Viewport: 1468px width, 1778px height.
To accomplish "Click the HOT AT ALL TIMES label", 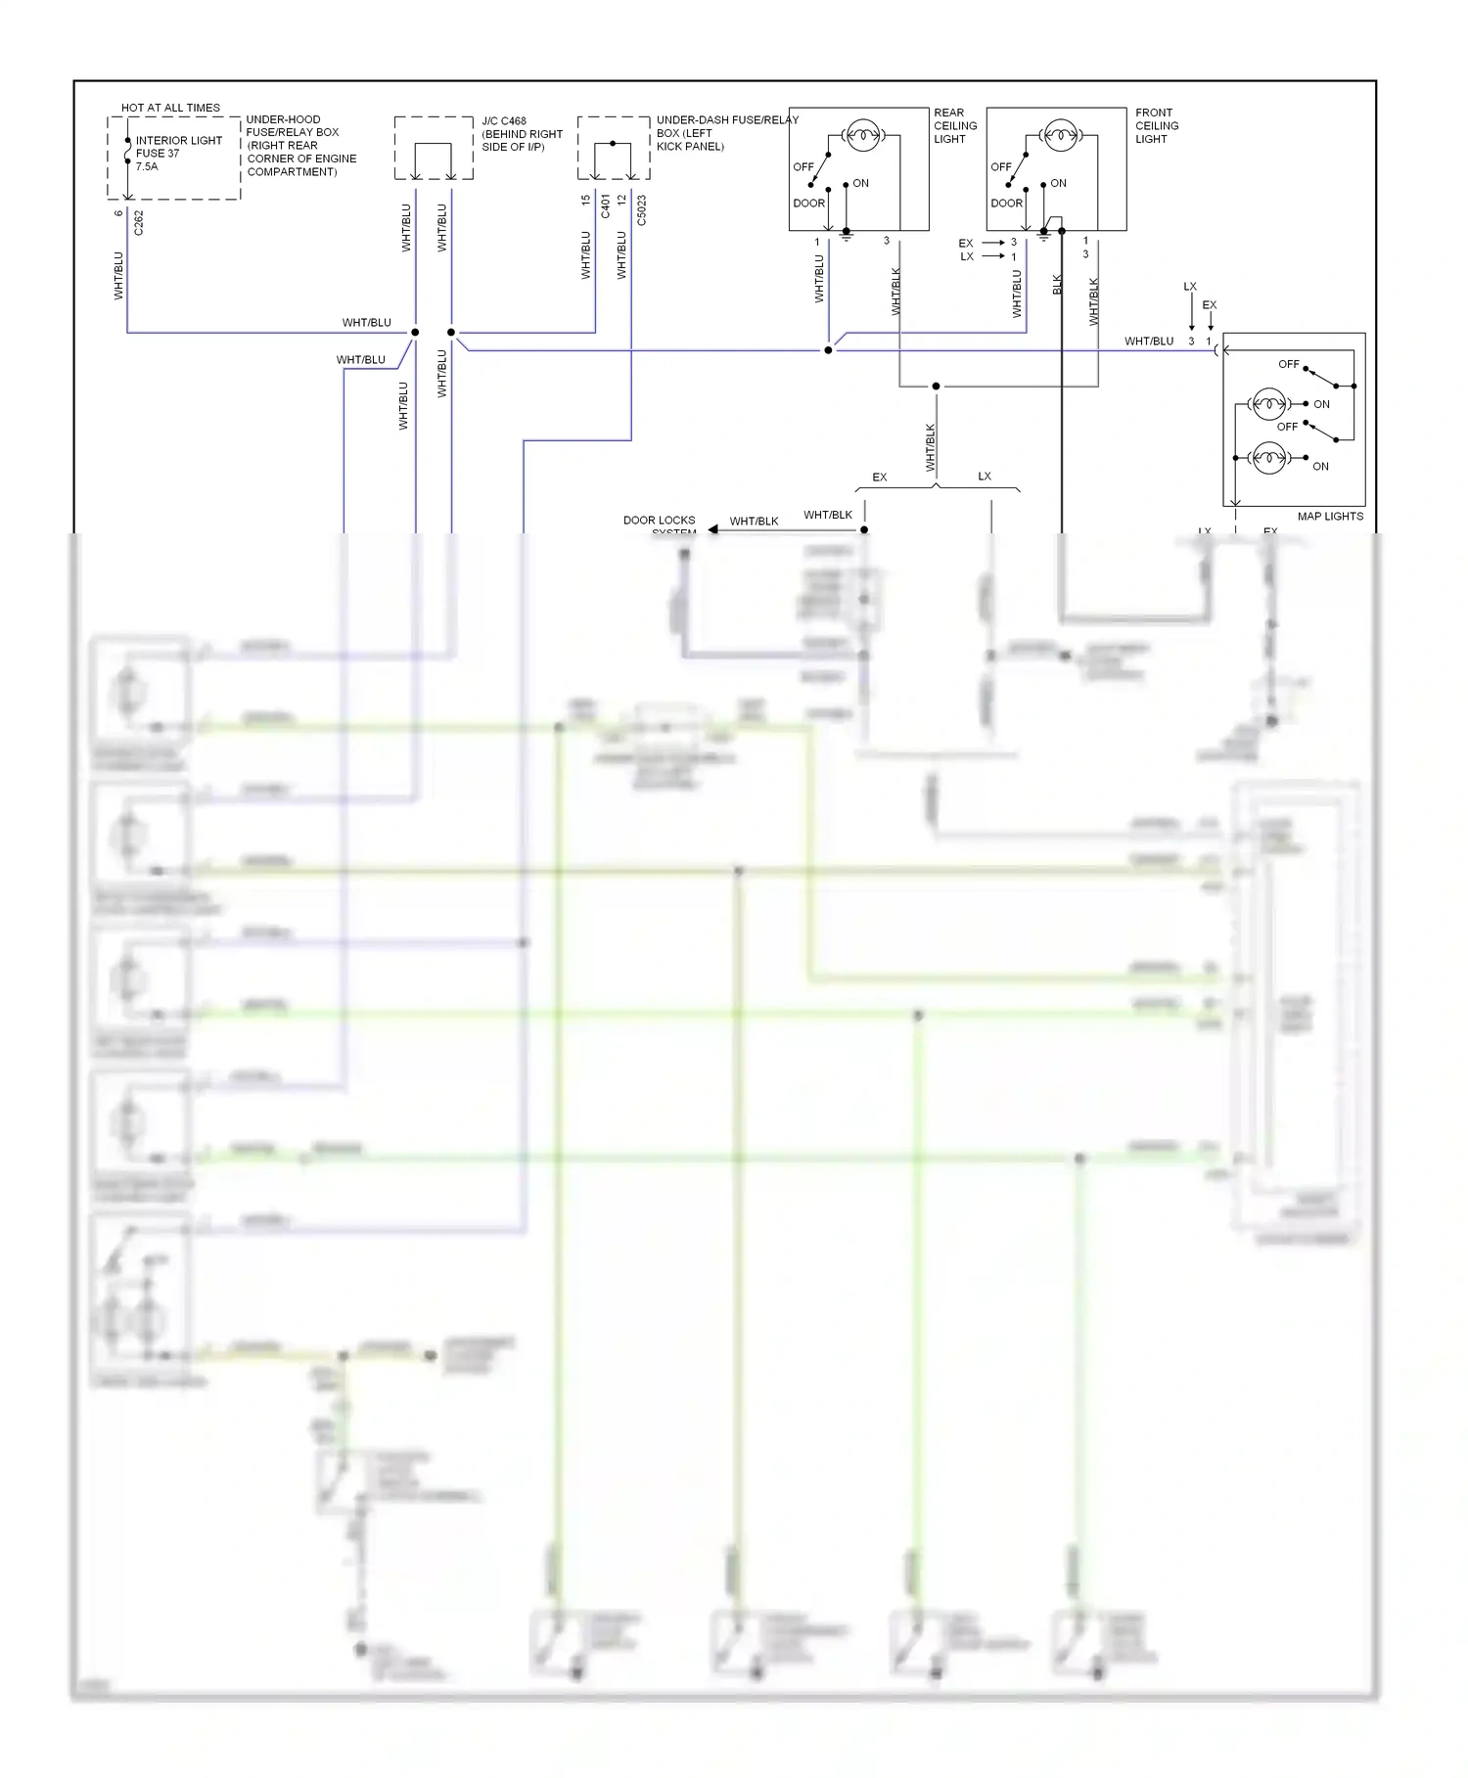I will point(170,108).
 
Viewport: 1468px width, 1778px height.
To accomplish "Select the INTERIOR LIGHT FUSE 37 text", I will point(178,147).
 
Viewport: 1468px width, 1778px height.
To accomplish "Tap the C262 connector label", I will point(138,223).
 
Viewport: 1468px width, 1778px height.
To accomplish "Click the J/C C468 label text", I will point(504,121).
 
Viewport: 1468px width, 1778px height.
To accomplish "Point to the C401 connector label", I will point(605,205).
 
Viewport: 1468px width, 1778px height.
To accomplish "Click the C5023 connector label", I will point(642,210).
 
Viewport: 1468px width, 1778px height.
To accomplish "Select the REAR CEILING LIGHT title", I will point(954,126).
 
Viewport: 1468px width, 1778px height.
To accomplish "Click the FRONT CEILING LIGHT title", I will point(1156,126).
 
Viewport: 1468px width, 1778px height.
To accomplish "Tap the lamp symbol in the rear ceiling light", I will point(862,135).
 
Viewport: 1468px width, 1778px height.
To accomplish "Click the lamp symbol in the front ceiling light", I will point(1060,135).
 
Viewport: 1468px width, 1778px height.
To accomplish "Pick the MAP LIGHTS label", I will point(1329,516).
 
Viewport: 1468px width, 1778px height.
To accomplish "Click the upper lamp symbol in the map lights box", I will point(1269,403).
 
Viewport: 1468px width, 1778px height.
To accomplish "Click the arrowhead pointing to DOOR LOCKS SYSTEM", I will point(713,529).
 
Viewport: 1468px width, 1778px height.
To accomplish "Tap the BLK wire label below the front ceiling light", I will point(1057,284).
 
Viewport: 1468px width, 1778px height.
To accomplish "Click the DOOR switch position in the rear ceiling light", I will point(808,204).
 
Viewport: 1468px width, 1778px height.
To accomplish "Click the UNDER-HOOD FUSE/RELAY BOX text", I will point(299,145).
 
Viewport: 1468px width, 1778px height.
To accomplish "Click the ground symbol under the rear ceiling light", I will point(847,236).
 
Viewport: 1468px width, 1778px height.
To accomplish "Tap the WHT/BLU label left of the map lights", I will point(1148,342).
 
